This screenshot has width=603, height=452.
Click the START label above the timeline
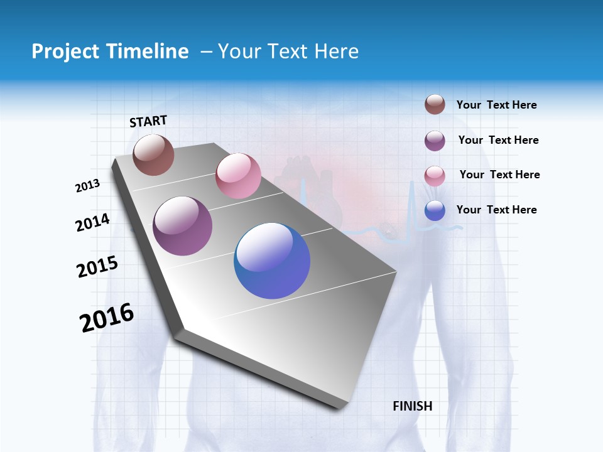click(148, 121)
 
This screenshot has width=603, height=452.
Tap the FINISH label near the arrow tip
click(412, 406)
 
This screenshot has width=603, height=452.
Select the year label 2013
click(87, 186)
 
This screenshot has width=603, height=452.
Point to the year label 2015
click(97, 267)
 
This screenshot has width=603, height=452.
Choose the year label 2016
click(107, 318)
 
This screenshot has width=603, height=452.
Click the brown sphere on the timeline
click(153, 155)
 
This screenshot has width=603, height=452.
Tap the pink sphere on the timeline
click(238, 176)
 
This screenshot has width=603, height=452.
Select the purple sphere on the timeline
click(182, 226)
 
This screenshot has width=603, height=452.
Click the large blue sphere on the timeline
click(272, 261)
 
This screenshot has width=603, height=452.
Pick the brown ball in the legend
click(435, 105)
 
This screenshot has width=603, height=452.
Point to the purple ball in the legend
click(435, 141)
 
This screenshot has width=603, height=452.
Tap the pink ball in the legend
click(435, 176)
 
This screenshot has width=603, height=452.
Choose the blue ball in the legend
click(435, 211)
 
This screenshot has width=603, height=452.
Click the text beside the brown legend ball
click(496, 105)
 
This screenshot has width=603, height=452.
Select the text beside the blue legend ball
click(496, 210)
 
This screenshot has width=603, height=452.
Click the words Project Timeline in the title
click(110, 51)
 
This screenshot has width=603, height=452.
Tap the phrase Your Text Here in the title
click(288, 51)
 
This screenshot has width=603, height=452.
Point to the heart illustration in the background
click(312, 188)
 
